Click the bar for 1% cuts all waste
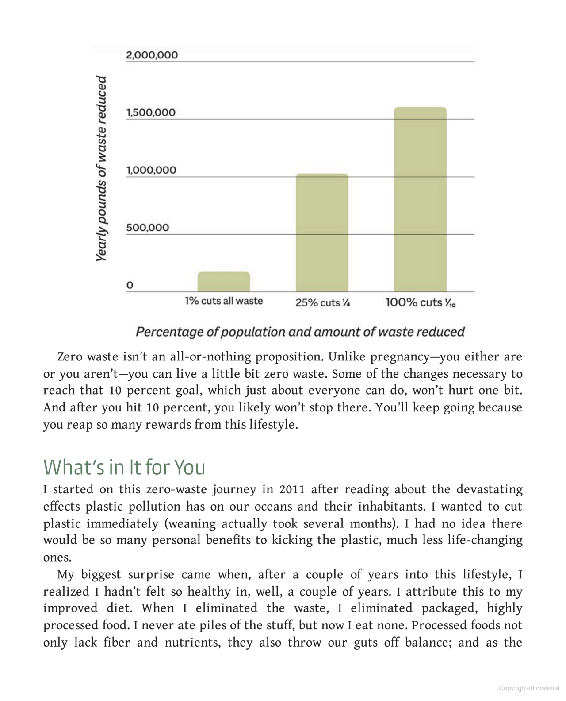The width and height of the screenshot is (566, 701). coord(224,282)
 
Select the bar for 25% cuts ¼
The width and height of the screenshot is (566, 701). coord(322,232)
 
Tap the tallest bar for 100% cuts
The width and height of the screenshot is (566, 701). coord(420,199)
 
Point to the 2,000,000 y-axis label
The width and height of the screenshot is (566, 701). coord(152,55)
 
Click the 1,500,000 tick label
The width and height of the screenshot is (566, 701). coord(151,112)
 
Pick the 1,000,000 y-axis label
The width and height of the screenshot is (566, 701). coord(151,170)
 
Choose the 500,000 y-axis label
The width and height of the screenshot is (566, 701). coord(148,228)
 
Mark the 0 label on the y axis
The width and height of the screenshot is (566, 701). coord(130,285)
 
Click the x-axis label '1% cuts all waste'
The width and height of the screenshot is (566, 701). coord(224,301)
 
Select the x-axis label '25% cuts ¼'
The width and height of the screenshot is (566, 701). coord(323,303)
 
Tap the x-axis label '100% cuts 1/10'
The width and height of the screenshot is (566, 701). coord(420,303)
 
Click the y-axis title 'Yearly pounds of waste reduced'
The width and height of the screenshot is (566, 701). coord(102,168)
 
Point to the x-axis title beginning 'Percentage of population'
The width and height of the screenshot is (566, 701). coord(300,332)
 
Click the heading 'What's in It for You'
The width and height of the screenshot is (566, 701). coord(124,467)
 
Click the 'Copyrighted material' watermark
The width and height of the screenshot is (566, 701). coord(529,688)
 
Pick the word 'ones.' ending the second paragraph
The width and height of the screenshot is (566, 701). coord(57,558)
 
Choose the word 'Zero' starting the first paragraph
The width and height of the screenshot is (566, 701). coord(70,357)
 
